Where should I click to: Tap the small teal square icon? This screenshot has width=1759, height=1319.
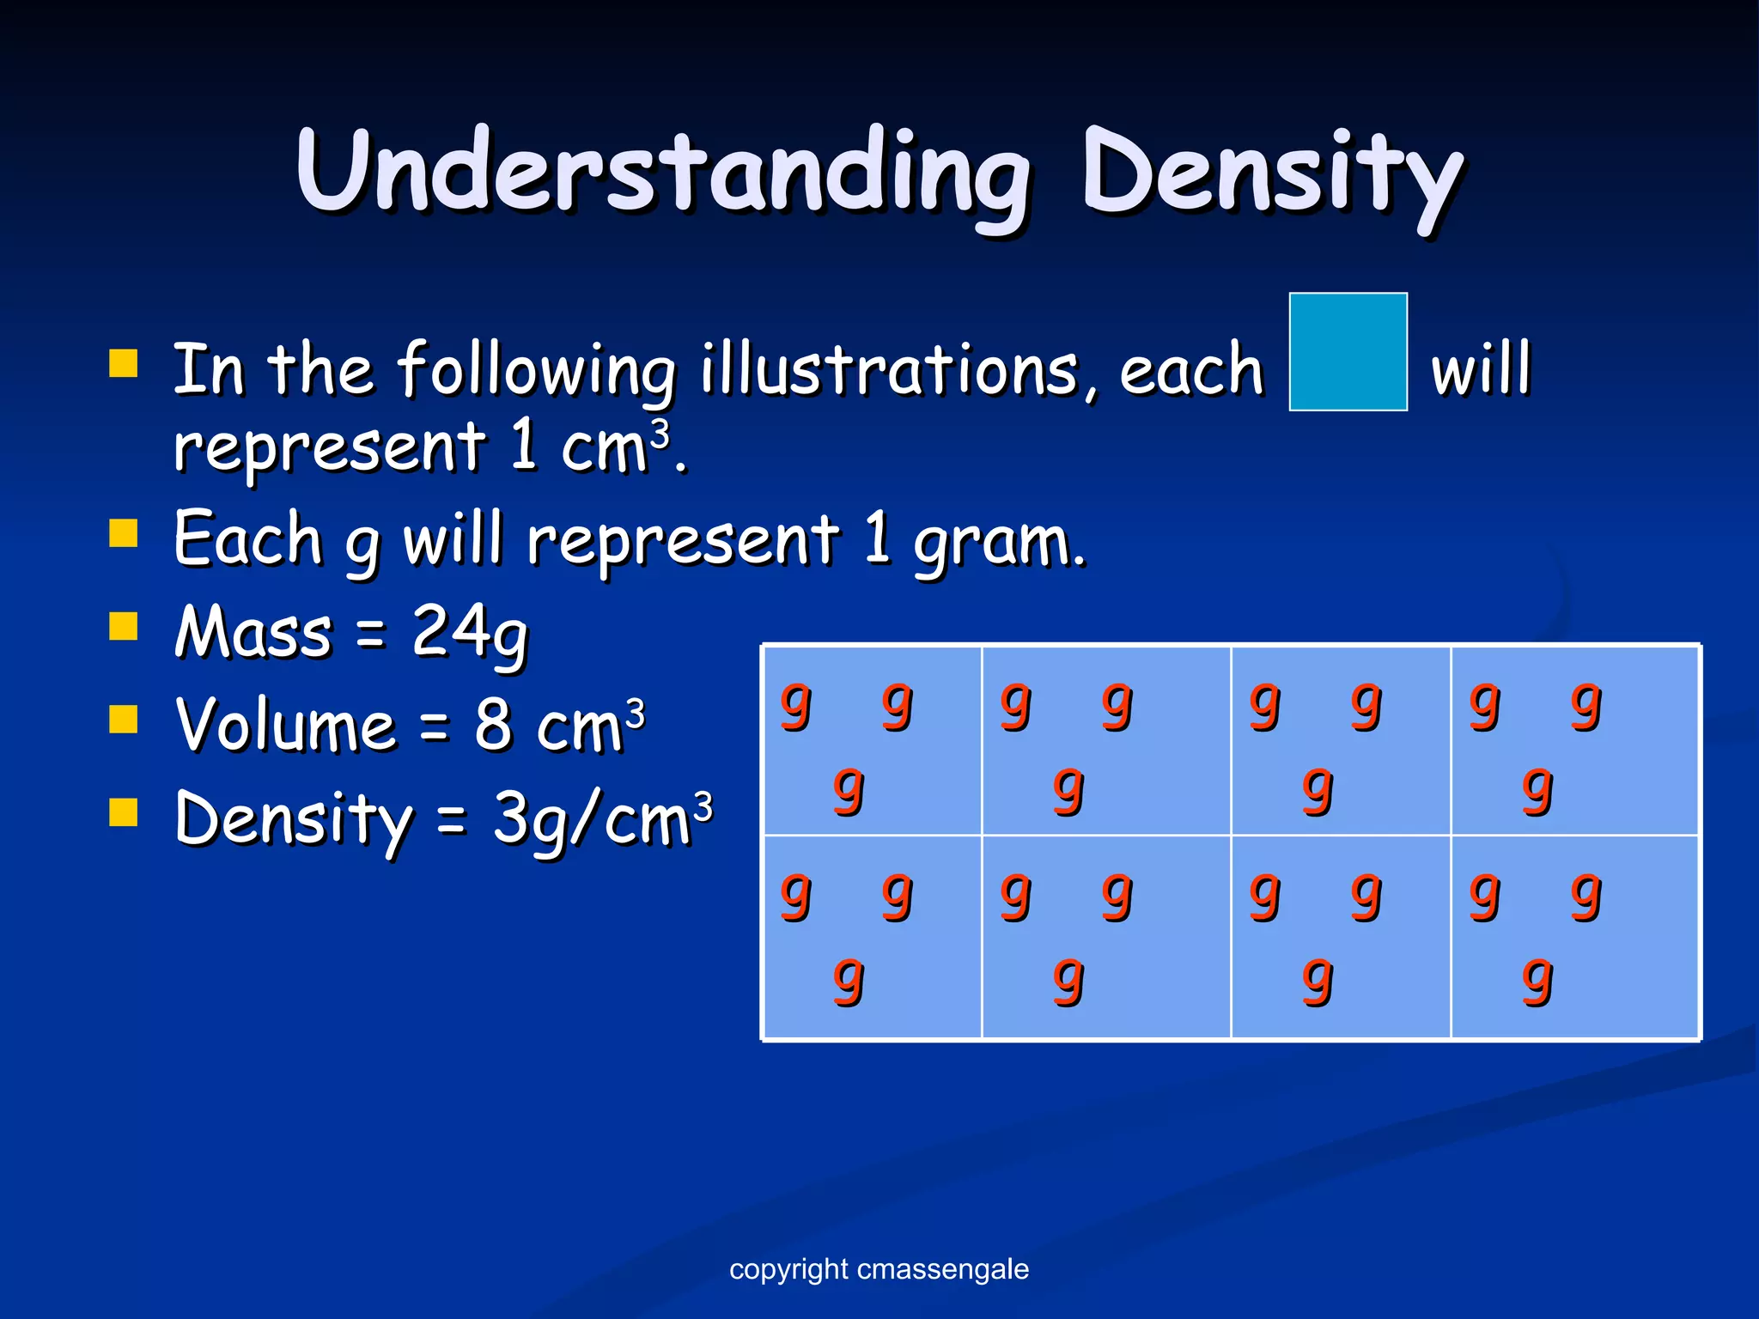(x=1348, y=351)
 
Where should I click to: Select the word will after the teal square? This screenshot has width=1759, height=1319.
(x=1481, y=369)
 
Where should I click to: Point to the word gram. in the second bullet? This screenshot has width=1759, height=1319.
(x=1000, y=543)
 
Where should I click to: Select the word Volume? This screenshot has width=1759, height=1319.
(x=285, y=726)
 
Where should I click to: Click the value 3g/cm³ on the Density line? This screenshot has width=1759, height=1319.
(x=602, y=819)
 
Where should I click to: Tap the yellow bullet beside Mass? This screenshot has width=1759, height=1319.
(x=124, y=627)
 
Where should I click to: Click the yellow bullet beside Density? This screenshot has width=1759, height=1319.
(x=124, y=811)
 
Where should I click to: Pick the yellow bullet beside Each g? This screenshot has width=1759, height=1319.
(x=124, y=533)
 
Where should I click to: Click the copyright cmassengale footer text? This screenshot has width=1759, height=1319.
(x=879, y=1269)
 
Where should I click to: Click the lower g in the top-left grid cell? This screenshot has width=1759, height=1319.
(x=848, y=789)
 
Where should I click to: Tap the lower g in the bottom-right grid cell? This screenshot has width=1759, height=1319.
(x=1537, y=980)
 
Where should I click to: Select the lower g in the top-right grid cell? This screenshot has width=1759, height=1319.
(x=1537, y=789)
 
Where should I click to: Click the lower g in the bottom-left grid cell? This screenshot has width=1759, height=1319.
(x=848, y=980)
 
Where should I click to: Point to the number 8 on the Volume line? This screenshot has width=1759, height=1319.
(x=493, y=726)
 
